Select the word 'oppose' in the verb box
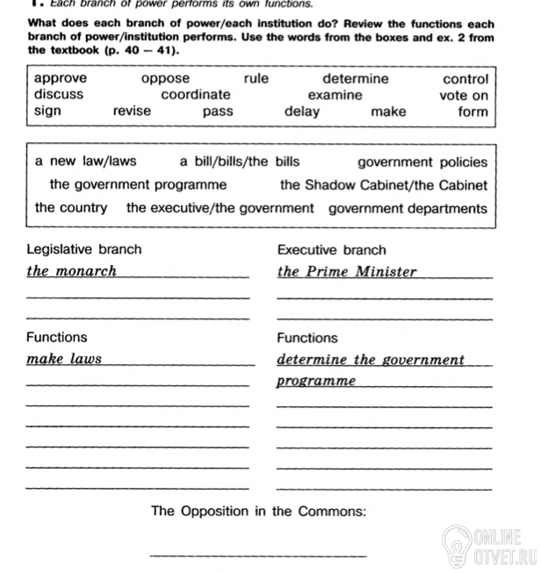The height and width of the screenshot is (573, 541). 165,78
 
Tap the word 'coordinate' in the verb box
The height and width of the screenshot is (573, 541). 196,94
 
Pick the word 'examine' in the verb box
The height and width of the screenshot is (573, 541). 335,94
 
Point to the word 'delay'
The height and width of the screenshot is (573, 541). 302,111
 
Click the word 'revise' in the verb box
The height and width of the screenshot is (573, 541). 132,111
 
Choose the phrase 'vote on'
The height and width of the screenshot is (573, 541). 464,95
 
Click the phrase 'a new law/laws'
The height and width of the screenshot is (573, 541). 86,161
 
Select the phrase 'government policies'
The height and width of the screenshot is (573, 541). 422,162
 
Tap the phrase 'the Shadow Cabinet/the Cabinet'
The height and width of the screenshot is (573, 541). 384,185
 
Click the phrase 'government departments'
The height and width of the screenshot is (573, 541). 408,209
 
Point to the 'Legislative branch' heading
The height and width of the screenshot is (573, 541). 83,250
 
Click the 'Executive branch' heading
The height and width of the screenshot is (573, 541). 331,250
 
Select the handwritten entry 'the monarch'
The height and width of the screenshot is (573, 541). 72,271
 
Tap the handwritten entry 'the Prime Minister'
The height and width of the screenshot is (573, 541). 347,272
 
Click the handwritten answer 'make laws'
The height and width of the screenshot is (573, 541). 64,359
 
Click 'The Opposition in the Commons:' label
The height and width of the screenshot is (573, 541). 258,511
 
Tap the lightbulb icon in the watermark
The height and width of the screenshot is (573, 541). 457,544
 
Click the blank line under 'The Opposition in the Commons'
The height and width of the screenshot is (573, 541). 258,555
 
